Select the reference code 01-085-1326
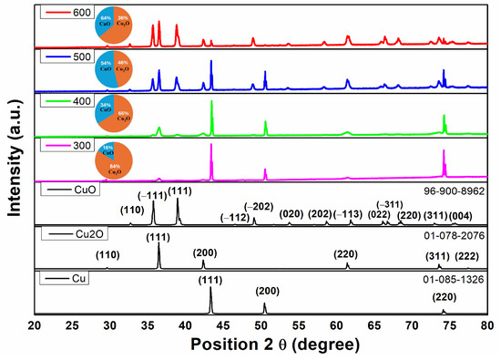(x=452, y=279)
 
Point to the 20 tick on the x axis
(x=35, y=324)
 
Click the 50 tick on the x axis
(x=261, y=324)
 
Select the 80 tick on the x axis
(x=487, y=324)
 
